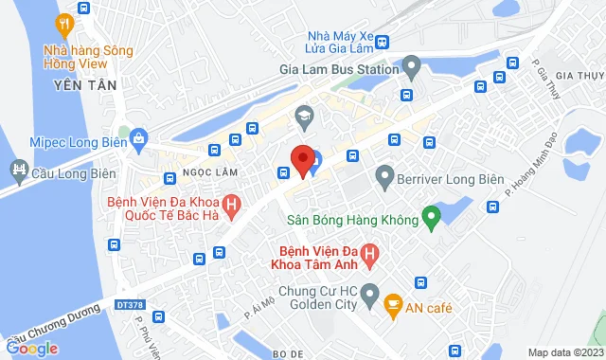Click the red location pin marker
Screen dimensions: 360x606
click(x=302, y=159)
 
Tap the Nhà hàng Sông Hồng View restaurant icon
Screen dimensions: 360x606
click(x=65, y=24)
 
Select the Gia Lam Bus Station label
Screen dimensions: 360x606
click(x=336, y=68)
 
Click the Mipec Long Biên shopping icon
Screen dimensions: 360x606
click(x=139, y=138)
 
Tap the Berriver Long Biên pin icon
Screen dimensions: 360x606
click(x=384, y=174)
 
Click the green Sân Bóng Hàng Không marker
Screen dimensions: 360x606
click(x=431, y=219)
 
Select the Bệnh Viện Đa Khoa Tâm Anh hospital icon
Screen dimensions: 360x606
click(x=371, y=254)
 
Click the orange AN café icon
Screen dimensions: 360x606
click(x=391, y=305)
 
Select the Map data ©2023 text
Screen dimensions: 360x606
click(x=563, y=352)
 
